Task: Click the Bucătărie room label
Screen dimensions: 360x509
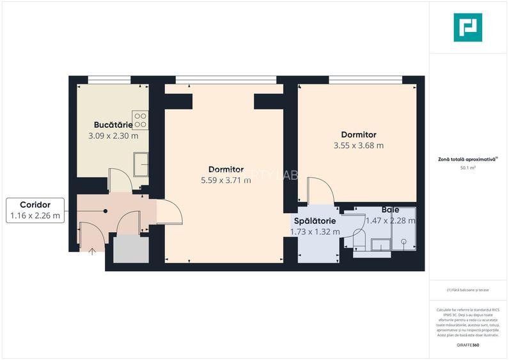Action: (x=113, y=125)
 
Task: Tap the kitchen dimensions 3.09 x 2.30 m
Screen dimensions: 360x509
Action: (x=113, y=136)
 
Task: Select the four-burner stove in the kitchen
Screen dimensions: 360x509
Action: (x=141, y=121)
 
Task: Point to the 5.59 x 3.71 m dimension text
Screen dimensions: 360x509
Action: (x=226, y=180)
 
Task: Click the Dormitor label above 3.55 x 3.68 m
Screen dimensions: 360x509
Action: (x=358, y=135)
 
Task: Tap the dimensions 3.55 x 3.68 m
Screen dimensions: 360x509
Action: (x=358, y=146)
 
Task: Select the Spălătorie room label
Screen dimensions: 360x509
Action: (x=315, y=221)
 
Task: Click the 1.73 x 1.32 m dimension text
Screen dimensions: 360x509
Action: (x=315, y=231)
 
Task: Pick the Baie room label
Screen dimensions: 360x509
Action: (x=390, y=210)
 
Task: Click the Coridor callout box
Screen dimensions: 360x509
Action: (x=36, y=210)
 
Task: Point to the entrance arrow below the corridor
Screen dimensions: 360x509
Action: (x=91, y=251)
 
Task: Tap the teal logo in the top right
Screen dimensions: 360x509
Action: (x=467, y=27)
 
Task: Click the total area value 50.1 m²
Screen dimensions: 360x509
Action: (x=467, y=168)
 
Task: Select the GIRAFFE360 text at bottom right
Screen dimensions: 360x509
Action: (x=467, y=345)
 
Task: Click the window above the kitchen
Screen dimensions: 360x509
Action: (x=109, y=80)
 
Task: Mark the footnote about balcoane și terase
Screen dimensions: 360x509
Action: (x=467, y=290)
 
